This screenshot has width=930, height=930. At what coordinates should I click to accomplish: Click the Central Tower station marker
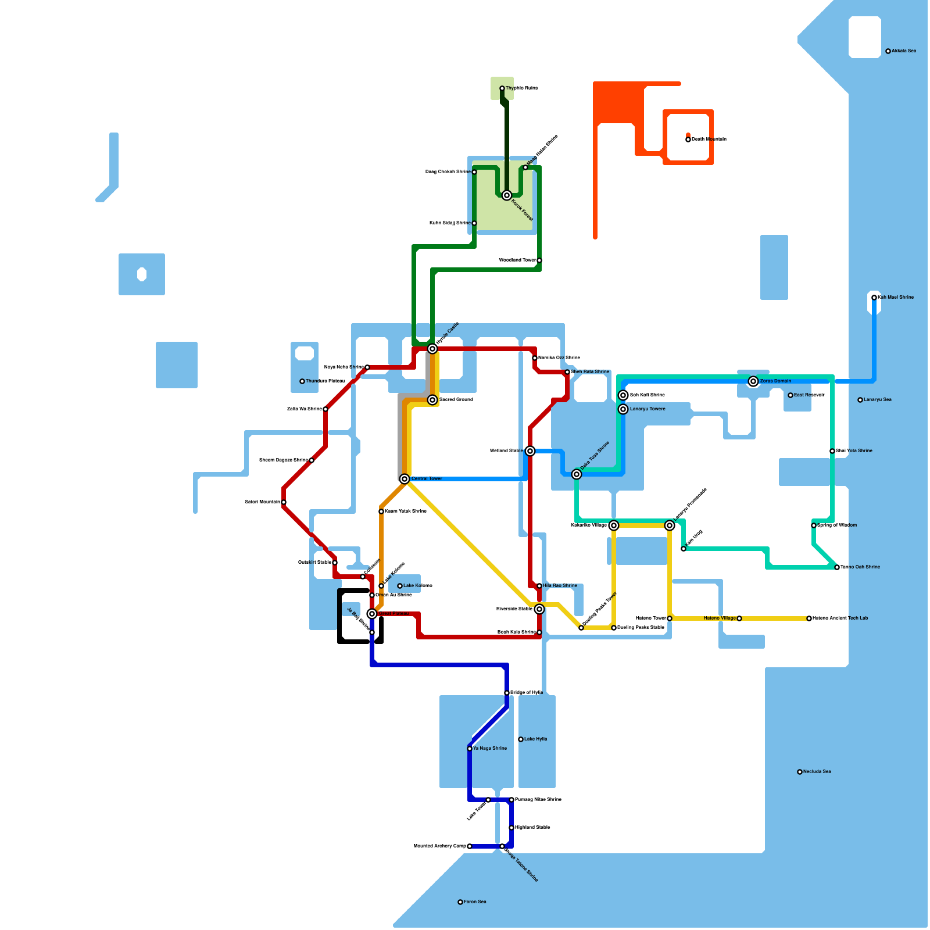click(405, 479)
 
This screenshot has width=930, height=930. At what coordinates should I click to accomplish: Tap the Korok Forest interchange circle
click(507, 195)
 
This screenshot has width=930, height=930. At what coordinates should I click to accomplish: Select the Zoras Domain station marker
click(753, 381)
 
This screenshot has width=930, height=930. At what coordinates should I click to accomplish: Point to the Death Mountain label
click(709, 139)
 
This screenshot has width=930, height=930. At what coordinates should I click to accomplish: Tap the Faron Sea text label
click(475, 902)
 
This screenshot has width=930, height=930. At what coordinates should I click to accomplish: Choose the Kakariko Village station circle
click(614, 525)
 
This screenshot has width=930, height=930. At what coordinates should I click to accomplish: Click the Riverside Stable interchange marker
click(539, 609)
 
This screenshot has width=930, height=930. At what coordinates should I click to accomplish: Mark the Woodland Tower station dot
click(539, 260)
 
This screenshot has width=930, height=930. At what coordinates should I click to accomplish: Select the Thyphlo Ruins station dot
click(502, 88)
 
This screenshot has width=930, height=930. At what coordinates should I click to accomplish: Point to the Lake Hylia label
click(535, 739)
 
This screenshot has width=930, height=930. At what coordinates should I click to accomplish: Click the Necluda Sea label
click(817, 772)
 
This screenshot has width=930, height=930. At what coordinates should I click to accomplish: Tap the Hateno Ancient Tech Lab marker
click(809, 618)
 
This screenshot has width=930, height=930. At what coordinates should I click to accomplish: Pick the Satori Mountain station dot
click(284, 502)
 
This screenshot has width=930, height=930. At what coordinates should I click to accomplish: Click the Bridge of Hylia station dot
click(507, 693)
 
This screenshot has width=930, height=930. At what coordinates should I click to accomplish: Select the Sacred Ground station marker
click(432, 400)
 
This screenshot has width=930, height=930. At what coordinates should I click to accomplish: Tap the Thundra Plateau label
click(325, 381)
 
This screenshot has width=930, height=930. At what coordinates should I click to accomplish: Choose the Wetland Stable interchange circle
click(530, 451)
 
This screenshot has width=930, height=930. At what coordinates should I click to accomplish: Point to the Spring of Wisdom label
click(837, 525)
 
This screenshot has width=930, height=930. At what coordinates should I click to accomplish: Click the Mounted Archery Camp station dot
click(470, 846)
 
